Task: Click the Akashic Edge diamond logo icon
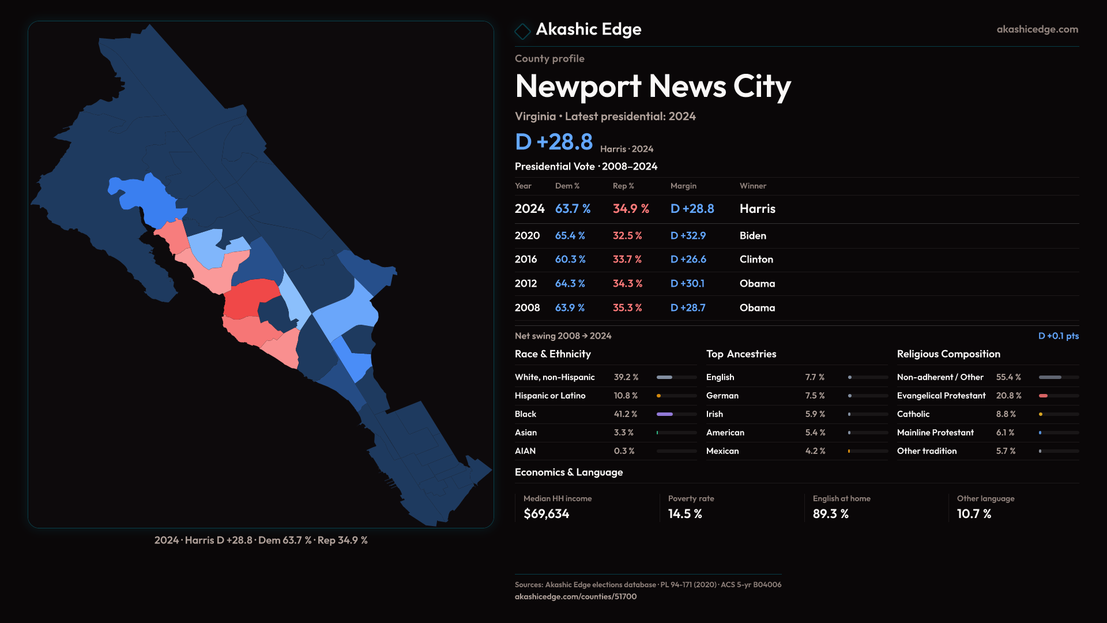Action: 522,31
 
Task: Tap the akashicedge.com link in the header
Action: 1037,29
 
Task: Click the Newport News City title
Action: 653,87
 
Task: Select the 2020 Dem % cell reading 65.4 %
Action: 570,236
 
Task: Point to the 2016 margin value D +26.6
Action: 688,260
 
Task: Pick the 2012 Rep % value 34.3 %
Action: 627,284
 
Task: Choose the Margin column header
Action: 683,186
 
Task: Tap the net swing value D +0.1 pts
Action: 1058,336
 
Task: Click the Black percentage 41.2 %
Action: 625,414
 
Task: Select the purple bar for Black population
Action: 665,414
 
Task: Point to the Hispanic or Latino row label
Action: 549,396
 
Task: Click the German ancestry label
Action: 722,396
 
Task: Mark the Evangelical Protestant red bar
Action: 1043,396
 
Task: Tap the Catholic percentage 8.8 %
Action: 1006,414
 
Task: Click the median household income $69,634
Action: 546,514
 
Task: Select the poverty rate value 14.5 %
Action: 684,514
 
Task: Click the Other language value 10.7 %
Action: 974,514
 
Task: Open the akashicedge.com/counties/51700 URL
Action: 575,596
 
